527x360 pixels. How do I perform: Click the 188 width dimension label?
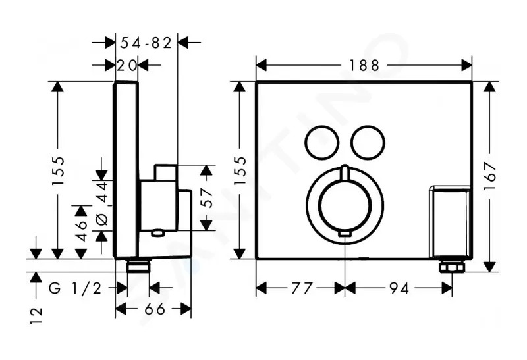pyautogui.click(x=364, y=65)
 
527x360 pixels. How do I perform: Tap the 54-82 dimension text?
pyautogui.click(x=146, y=43)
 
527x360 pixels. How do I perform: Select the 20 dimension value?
pyautogui.click(x=126, y=65)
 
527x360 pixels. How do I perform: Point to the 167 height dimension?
pyautogui.click(x=490, y=176)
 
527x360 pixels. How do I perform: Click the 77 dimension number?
pyautogui.click(x=302, y=288)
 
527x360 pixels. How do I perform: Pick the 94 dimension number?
pyautogui.click(x=399, y=288)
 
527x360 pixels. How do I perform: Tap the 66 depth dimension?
pyautogui.click(x=155, y=309)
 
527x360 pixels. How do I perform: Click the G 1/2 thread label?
pyautogui.click(x=75, y=288)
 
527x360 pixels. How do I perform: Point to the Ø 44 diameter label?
pyautogui.click(x=102, y=203)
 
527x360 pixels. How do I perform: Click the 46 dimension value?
pyautogui.click(x=81, y=231)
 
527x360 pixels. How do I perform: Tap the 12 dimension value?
pyautogui.click(x=36, y=316)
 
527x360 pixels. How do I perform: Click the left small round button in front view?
pyautogui.click(x=321, y=142)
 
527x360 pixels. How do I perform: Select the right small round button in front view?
pyautogui.click(x=368, y=142)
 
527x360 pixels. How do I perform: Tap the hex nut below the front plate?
pyautogui.click(x=452, y=268)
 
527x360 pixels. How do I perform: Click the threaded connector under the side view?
pyautogui.click(x=138, y=266)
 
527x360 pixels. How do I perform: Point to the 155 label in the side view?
pyautogui.click(x=58, y=170)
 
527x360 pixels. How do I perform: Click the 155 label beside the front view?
pyautogui.click(x=240, y=170)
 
